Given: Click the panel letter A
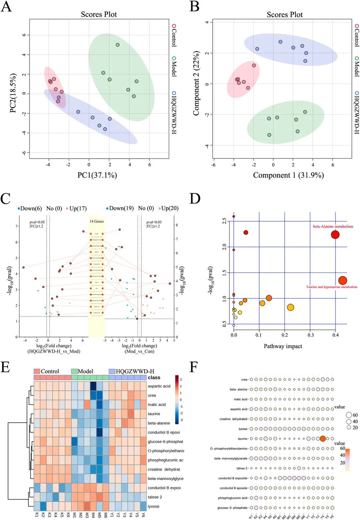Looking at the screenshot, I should click(6, 7).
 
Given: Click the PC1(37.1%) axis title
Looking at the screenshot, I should click(97, 175).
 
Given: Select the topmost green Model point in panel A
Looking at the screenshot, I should click(118, 45).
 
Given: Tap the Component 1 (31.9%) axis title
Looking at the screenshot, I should click(288, 175).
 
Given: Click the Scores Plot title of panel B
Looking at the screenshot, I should click(285, 15).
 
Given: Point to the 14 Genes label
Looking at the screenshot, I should click(97, 221).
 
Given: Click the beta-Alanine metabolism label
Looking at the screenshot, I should click(333, 226).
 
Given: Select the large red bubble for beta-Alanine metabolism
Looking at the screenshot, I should click(335, 234).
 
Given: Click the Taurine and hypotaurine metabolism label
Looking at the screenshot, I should click(332, 287).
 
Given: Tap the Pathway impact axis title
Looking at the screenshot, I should click(283, 346).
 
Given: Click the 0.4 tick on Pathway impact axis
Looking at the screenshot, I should click(335, 335).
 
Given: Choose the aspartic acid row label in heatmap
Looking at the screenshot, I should click(159, 386).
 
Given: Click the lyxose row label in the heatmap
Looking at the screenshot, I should click(154, 506).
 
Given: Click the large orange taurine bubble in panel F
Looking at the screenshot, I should click(323, 439).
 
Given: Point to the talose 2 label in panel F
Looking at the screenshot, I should click(242, 468).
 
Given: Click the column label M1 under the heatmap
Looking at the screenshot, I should click(74, 515).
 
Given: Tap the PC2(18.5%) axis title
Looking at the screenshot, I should click(13, 93).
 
